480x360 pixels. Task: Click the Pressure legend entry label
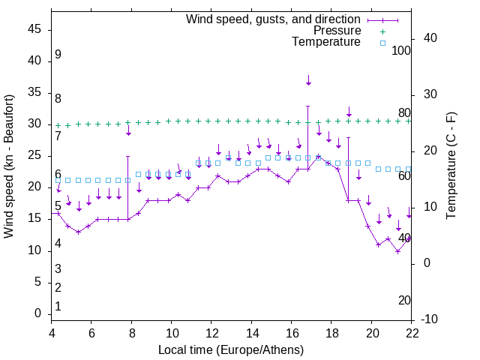coord(337,31)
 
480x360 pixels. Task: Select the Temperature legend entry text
coord(326,42)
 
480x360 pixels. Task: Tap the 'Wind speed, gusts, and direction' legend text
coord(274,19)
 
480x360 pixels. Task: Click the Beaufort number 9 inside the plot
coord(58,55)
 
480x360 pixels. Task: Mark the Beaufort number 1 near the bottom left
coord(58,306)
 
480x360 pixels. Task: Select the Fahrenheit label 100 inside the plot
coord(402,50)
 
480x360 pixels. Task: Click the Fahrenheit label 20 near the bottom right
coord(404,300)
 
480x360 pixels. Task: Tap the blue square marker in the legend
coord(382,43)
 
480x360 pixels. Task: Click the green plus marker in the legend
coord(382,31)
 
